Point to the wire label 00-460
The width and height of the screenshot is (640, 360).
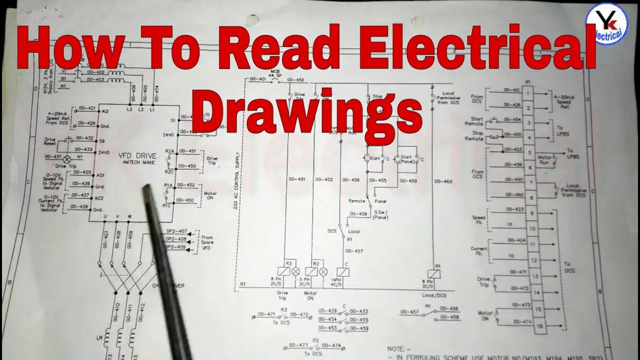(x=443, y=181)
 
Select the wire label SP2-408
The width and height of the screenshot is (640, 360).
(x=176, y=239)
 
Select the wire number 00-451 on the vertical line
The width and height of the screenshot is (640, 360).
(x=296, y=179)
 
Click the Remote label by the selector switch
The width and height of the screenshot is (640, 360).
(x=356, y=200)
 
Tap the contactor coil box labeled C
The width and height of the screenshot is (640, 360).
(x=343, y=271)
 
